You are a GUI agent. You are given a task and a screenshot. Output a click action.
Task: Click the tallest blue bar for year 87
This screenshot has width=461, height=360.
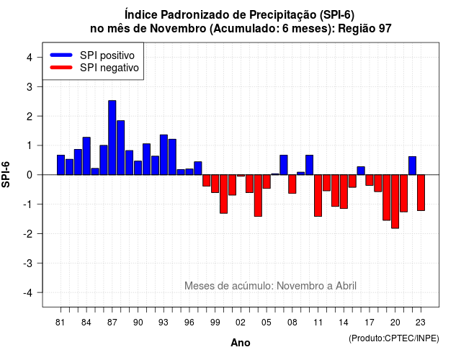[x=112, y=138]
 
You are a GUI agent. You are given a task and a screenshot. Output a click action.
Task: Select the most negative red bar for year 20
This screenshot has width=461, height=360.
[x=395, y=202]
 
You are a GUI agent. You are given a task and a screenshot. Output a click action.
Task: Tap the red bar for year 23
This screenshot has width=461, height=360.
[x=421, y=192]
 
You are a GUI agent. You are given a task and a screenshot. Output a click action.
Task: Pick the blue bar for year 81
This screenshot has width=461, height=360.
[x=61, y=165]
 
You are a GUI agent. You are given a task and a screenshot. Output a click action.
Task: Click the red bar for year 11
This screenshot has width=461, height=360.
[x=318, y=195]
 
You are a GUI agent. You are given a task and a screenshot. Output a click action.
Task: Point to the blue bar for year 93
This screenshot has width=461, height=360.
[x=164, y=155]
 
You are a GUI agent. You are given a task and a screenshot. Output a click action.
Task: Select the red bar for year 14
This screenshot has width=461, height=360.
[x=344, y=192]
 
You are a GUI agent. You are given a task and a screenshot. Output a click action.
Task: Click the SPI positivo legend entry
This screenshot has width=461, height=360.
[x=92, y=55]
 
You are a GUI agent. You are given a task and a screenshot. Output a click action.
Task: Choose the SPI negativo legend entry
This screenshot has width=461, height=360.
[x=94, y=68]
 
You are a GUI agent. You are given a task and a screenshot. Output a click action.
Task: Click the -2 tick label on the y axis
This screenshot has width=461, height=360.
[x=28, y=233]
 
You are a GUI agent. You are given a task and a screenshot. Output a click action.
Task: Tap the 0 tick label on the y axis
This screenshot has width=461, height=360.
[x=30, y=175]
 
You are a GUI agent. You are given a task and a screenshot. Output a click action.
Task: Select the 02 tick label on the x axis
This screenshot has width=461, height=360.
[x=241, y=323]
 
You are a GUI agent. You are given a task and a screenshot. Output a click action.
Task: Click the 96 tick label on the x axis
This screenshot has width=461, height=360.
[x=189, y=323]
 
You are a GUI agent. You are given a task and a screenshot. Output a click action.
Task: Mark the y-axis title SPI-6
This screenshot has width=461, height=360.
[x=6, y=174]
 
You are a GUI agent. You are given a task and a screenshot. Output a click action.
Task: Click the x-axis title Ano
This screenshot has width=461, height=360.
[x=241, y=343]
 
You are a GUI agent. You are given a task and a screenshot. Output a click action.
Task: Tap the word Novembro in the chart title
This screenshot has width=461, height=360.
[x=178, y=29]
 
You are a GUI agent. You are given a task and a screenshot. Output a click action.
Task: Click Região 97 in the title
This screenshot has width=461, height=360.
[x=365, y=29]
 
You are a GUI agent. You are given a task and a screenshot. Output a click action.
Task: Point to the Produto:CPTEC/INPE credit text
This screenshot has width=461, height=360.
[x=394, y=338]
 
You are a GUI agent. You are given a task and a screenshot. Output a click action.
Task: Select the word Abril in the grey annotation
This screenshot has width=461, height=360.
[x=346, y=286]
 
